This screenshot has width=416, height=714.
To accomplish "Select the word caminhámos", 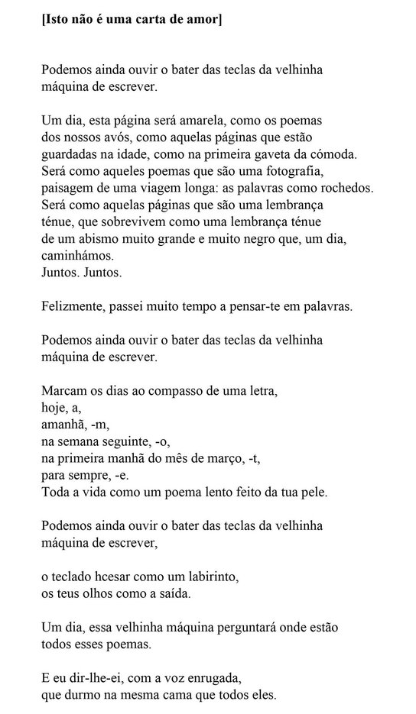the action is point(79,255).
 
